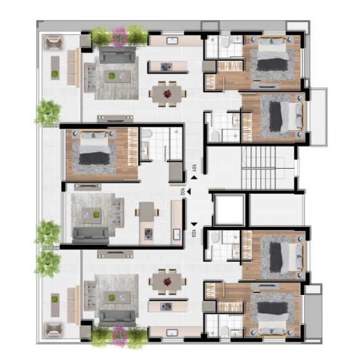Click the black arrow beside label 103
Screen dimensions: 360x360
click(x=194, y=224)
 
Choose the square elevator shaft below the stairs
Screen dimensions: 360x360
click(x=227, y=208)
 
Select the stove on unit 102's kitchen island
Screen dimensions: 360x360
click(x=149, y=234)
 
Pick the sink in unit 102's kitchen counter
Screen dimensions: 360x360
click(x=177, y=234)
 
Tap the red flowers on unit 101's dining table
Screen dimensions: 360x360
click(x=167, y=94)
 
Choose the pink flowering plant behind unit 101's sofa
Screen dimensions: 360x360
click(x=119, y=36)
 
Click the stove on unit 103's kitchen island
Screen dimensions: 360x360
click(x=166, y=306)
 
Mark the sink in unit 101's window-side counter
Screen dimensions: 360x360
click(x=173, y=41)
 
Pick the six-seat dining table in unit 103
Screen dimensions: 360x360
click(x=167, y=281)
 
